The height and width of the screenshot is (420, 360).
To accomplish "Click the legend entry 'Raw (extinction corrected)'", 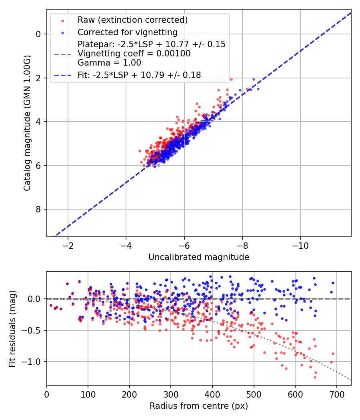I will click(x=133, y=20).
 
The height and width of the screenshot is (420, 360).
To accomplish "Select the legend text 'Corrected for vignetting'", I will click(x=128, y=32).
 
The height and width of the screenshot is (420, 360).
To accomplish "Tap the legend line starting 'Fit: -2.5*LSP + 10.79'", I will click(x=139, y=75).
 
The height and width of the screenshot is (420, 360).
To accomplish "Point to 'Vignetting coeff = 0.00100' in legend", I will click(x=134, y=54).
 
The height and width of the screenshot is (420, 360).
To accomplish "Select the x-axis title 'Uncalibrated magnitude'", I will click(x=199, y=257).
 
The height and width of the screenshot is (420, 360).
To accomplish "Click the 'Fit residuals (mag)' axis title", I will click(x=12, y=328).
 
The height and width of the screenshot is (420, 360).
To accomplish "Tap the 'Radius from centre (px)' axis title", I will click(x=199, y=406).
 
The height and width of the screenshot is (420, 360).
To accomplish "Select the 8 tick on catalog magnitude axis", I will click(x=38, y=210).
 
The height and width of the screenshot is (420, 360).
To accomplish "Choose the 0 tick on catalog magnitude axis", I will click(x=38, y=34).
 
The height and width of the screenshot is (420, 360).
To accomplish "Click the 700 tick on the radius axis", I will click(x=336, y=394).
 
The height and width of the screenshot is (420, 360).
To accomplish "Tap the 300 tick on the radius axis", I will click(x=171, y=394).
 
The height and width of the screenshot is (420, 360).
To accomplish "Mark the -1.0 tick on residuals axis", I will click(x=34, y=362).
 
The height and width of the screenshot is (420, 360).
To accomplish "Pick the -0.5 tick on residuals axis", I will click(x=34, y=330).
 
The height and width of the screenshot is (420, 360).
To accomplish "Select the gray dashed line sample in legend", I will click(x=62, y=54).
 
